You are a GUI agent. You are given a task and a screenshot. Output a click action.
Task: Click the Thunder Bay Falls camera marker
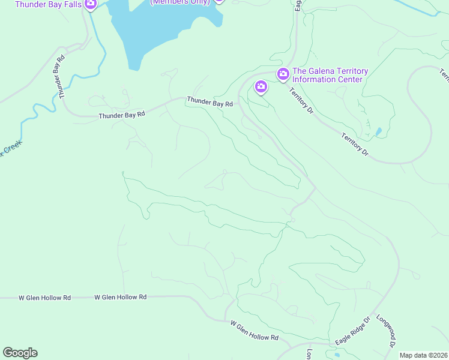tap(91, 4)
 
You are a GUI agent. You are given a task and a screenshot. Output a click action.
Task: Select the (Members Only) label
tap(180, 2)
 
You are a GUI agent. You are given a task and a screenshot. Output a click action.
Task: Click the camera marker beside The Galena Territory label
tap(283, 74)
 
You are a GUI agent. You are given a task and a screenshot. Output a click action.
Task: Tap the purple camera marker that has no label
tap(261, 86)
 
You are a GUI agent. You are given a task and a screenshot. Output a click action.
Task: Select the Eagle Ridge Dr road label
tap(351, 331)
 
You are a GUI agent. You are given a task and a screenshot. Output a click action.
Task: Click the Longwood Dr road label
tap(385, 332)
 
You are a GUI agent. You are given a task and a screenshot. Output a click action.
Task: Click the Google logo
tap(20, 353)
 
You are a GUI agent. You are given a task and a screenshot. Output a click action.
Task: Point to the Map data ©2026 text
tap(424, 355)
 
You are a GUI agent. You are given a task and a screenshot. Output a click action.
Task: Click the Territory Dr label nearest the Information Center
tap(301, 100)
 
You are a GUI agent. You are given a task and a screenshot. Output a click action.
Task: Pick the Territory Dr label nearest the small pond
tap(354, 145)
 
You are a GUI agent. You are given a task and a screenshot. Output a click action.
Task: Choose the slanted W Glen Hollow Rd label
tap(255, 331)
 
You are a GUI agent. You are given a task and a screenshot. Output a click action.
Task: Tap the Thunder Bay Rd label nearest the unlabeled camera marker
tap(209, 103)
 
